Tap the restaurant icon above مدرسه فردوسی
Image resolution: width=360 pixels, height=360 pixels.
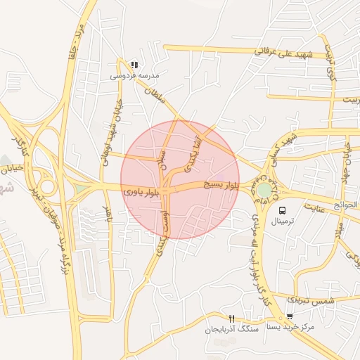tap(134, 65)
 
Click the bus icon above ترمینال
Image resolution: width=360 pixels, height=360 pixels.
tap(283, 210)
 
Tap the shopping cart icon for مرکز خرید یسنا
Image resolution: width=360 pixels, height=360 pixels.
tap(290, 317)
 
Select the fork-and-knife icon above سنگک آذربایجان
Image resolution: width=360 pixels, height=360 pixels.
tap(232, 319)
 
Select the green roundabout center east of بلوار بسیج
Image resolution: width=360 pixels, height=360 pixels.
tap(264, 190)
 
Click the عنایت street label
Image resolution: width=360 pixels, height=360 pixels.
tap(315, 208)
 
